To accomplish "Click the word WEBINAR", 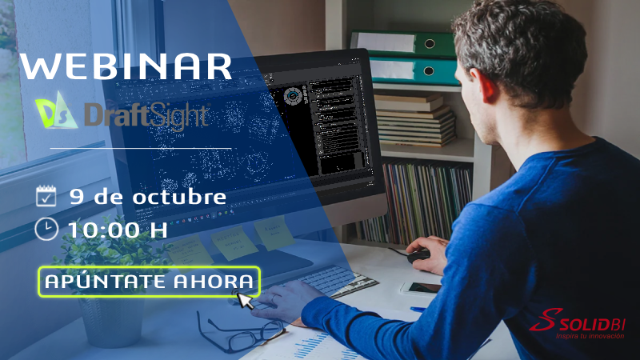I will tap(126, 66).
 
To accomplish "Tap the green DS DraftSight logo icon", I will tap(57, 114).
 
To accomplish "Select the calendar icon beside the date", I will tap(46, 196).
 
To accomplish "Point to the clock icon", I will tap(46, 229).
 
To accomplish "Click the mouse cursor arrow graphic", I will tap(245, 300).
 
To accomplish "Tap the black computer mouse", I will tap(418, 256).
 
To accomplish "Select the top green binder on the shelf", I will tap(400, 42).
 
